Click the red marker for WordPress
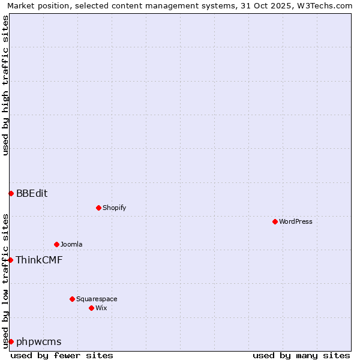275,221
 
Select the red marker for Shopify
98,208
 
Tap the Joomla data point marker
56,244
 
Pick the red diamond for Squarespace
72,299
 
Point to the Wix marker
91,308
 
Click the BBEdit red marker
11,193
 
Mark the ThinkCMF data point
10,260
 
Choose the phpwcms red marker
11,341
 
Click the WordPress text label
296,221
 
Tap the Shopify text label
114,208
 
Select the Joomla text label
71,244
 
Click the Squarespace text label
97,299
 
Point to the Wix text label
101,308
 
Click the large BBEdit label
32,193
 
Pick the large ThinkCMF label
39,260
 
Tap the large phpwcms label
38,341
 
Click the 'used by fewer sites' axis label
62,355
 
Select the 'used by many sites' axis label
301,355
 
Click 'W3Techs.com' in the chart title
327,5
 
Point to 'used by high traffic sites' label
5,85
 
